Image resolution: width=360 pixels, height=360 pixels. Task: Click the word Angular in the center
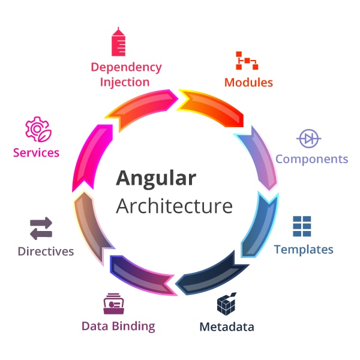[155, 179]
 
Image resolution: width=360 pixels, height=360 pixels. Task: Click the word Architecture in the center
[174, 206]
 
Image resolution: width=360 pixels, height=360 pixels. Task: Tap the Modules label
[248, 82]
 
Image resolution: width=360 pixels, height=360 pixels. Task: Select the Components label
[311, 159]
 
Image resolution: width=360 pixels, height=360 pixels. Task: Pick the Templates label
[304, 249]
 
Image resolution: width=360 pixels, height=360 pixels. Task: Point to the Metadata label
[226, 327]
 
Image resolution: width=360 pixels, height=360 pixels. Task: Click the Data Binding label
[118, 326]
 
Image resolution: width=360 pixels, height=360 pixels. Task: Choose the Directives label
[46, 251]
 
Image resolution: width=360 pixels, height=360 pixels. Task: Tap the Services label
[36, 152]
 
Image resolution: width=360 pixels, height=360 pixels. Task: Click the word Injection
[125, 82]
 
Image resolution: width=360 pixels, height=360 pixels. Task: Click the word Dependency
[126, 67]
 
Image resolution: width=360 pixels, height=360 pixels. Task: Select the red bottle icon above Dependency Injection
[118, 42]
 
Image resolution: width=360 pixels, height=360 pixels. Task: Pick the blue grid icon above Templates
[302, 226]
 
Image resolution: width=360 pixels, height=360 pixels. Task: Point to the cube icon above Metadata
[226, 305]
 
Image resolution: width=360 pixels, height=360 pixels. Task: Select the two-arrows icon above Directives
[41, 229]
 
